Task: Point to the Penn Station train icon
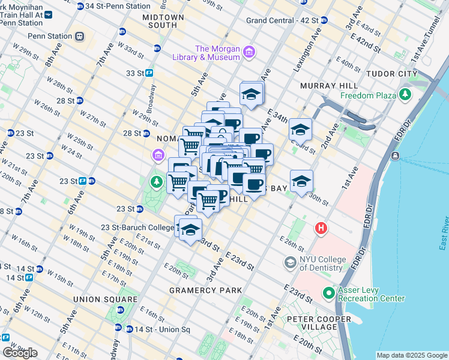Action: click(79, 35)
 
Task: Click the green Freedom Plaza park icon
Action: click(406, 95)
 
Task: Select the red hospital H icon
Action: click(322, 229)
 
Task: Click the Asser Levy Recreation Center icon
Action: click(328, 293)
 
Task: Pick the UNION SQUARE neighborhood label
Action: click(105, 299)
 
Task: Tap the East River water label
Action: click(443, 234)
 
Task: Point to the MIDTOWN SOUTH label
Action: click(160, 22)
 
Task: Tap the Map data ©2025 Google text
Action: click(412, 355)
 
